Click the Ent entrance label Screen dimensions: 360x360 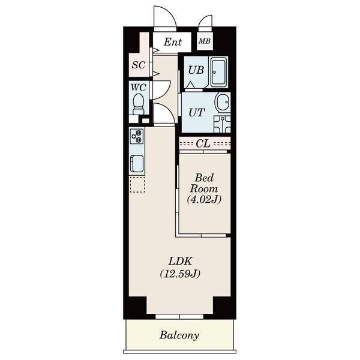[173, 42]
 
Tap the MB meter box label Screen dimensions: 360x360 [205, 41]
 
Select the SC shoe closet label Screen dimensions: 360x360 [139, 65]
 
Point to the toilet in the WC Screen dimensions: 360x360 [139, 104]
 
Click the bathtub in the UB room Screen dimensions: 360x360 [219, 72]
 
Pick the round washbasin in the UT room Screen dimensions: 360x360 [223, 103]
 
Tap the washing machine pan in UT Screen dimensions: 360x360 [222, 124]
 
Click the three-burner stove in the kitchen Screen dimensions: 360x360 [137, 136]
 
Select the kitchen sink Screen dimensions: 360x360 [137, 164]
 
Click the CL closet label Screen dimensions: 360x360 [203, 144]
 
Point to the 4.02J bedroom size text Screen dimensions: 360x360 [204, 200]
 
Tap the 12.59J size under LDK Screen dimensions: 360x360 [180, 274]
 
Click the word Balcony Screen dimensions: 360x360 [179, 335]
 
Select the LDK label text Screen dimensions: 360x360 [181, 261]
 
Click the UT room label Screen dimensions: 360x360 [197, 113]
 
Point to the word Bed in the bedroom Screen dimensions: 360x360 [204, 178]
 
